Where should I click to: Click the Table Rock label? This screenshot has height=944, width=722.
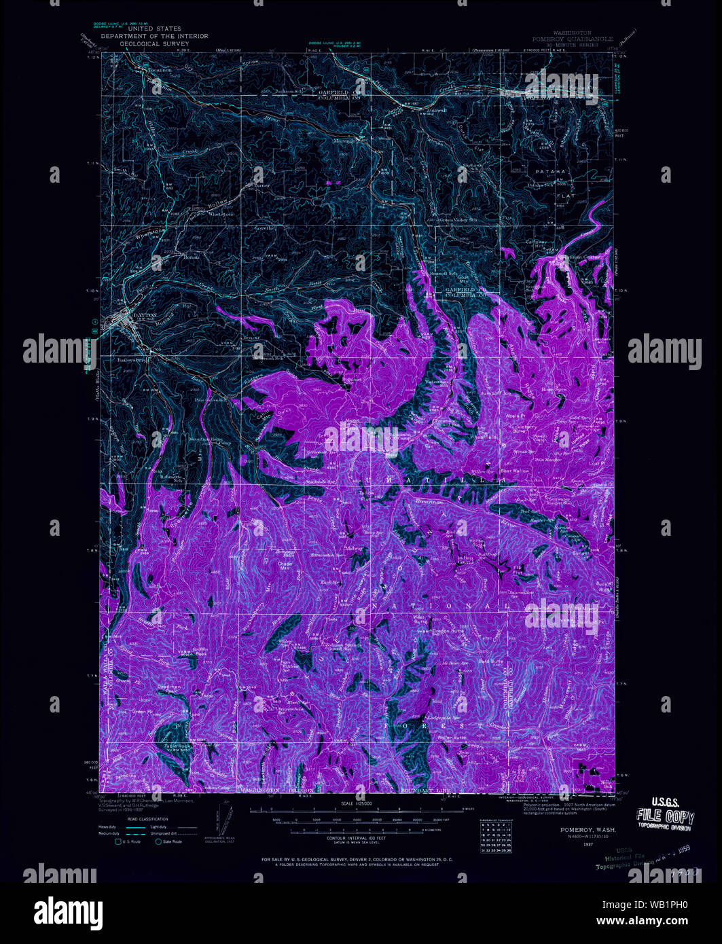177,745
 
